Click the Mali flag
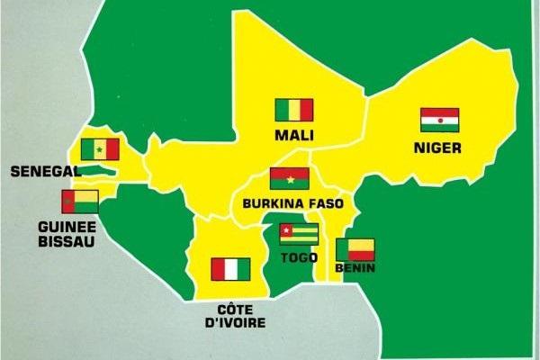[x=293, y=110]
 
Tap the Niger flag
[x=439, y=120]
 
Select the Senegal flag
[x=100, y=149]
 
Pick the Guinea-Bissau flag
[x=80, y=201]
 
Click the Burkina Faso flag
[x=289, y=178]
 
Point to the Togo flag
[x=299, y=235]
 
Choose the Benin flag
[x=355, y=249]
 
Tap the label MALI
[x=294, y=136]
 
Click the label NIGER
[x=438, y=147]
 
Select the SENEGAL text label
[x=42, y=170]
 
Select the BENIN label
[x=355, y=268]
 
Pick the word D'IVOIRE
[x=229, y=321]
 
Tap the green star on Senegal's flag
[x=100, y=149]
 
